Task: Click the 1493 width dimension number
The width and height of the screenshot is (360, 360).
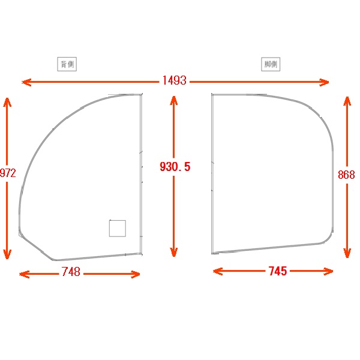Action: click(x=174, y=80)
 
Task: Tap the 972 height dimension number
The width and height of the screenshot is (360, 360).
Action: click(x=8, y=173)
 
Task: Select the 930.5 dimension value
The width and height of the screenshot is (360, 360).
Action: click(x=175, y=167)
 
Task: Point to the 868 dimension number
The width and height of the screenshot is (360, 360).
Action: click(x=346, y=175)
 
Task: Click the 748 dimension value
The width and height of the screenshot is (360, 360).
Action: click(x=71, y=272)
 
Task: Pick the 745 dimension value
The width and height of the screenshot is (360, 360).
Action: click(x=278, y=271)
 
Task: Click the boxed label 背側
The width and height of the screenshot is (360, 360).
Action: click(x=67, y=64)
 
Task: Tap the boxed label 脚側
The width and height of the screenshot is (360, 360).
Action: click(x=271, y=64)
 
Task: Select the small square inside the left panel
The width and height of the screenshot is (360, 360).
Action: click(x=118, y=228)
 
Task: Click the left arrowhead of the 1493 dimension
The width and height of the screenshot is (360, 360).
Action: click(x=26, y=82)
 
